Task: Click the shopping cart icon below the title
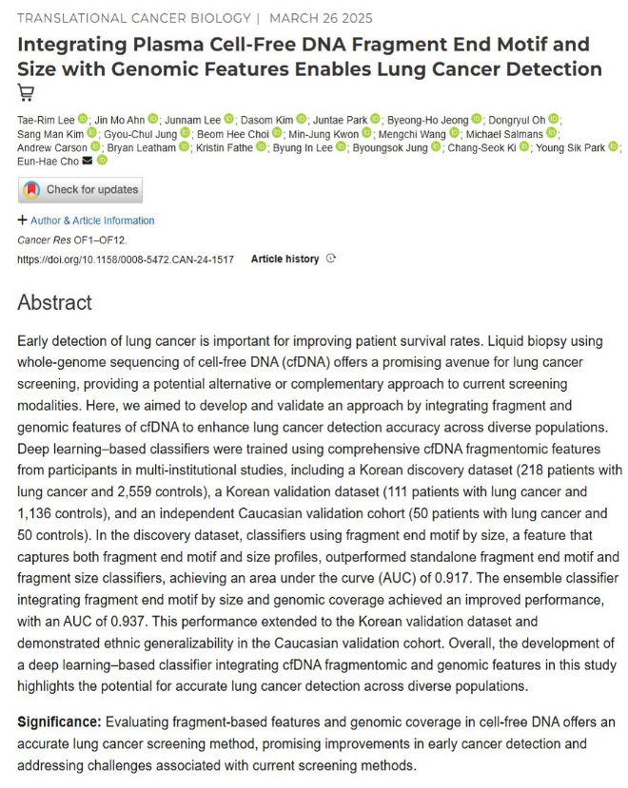pos(26,92)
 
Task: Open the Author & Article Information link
pos(92,221)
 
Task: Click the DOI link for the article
pos(126,259)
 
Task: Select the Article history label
pos(285,259)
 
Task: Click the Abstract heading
pos(55,303)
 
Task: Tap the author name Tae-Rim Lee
pos(46,119)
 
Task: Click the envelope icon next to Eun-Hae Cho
pos(88,162)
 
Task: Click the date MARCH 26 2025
pos(322,18)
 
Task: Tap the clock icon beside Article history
pos(330,259)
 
